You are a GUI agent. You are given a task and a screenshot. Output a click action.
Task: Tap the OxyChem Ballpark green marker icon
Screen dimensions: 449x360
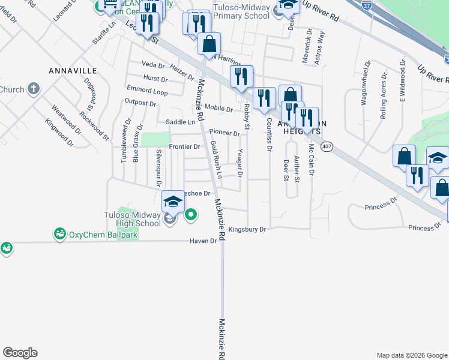click(x=59, y=233)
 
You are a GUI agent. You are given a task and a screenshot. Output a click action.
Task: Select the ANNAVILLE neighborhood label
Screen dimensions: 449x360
click(x=71, y=70)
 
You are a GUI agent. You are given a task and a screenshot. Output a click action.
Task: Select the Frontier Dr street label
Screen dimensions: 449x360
click(x=184, y=146)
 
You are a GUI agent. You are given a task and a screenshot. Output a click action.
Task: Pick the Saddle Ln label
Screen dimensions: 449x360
click(x=181, y=122)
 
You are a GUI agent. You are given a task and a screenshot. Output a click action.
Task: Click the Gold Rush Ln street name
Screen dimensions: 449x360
click(x=216, y=160)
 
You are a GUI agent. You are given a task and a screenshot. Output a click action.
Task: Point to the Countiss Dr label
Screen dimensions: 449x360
click(x=268, y=134)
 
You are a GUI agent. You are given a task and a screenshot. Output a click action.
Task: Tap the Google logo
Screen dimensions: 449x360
click(x=20, y=353)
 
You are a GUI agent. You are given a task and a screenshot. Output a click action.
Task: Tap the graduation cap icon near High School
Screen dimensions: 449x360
click(x=173, y=202)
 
